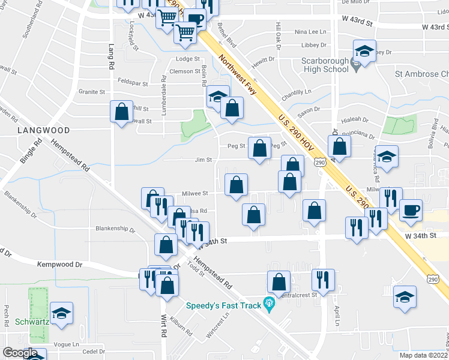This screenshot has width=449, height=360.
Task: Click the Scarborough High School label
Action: point(325,65)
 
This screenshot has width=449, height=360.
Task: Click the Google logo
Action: point(20,353)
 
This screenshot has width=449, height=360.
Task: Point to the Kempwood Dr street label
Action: point(59,264)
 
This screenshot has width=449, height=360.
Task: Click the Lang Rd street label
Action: point(111,52)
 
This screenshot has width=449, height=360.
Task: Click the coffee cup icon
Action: point(411,211)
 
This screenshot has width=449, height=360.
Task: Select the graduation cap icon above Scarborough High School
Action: point(364,52)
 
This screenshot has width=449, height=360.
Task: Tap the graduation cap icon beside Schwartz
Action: point(61,313)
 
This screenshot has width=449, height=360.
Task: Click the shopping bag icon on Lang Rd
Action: point(121,112)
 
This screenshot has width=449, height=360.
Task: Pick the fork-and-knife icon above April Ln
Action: point(323,280)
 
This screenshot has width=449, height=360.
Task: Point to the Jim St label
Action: point(203,160)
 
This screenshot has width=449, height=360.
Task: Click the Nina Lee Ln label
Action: point(310,32)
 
